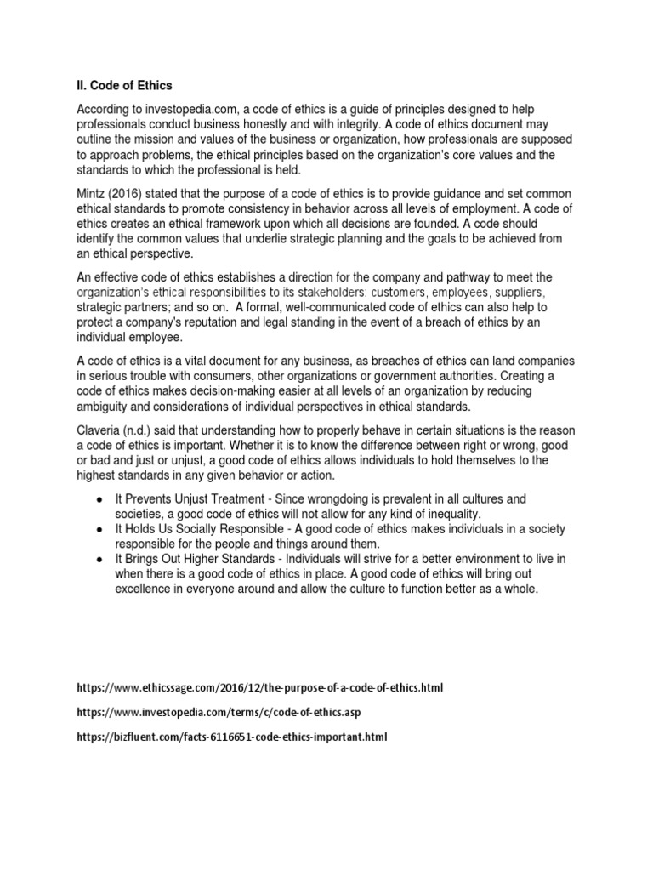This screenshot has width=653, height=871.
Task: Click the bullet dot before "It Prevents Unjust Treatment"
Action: [x=100, y=498]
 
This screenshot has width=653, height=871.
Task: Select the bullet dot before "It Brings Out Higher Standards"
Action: [x=100, y=558]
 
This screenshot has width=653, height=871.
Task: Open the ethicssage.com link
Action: [x=259, y=686]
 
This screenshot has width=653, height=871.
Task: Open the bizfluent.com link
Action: [x=231, y=737]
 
